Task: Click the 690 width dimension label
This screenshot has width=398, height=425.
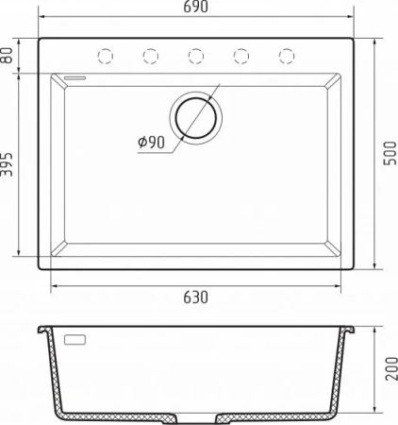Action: [x=195, y=7]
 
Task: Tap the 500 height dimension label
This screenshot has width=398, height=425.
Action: [x=390, y=153]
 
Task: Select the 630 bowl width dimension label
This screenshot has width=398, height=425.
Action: [x=195, y=297]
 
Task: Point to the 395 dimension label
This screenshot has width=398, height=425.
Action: [x=7, y=164]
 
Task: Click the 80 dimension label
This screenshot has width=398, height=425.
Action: [x=7, y=55]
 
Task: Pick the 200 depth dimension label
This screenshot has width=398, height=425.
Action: [x=391, y=368]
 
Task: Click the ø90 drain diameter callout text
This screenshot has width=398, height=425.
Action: [x=151, y=143]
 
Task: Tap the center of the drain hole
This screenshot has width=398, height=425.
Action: [x=196, y=118]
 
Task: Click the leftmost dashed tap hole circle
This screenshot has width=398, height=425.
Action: [x=106, y=57]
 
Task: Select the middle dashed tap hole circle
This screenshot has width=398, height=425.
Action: [x=196, y=57]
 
